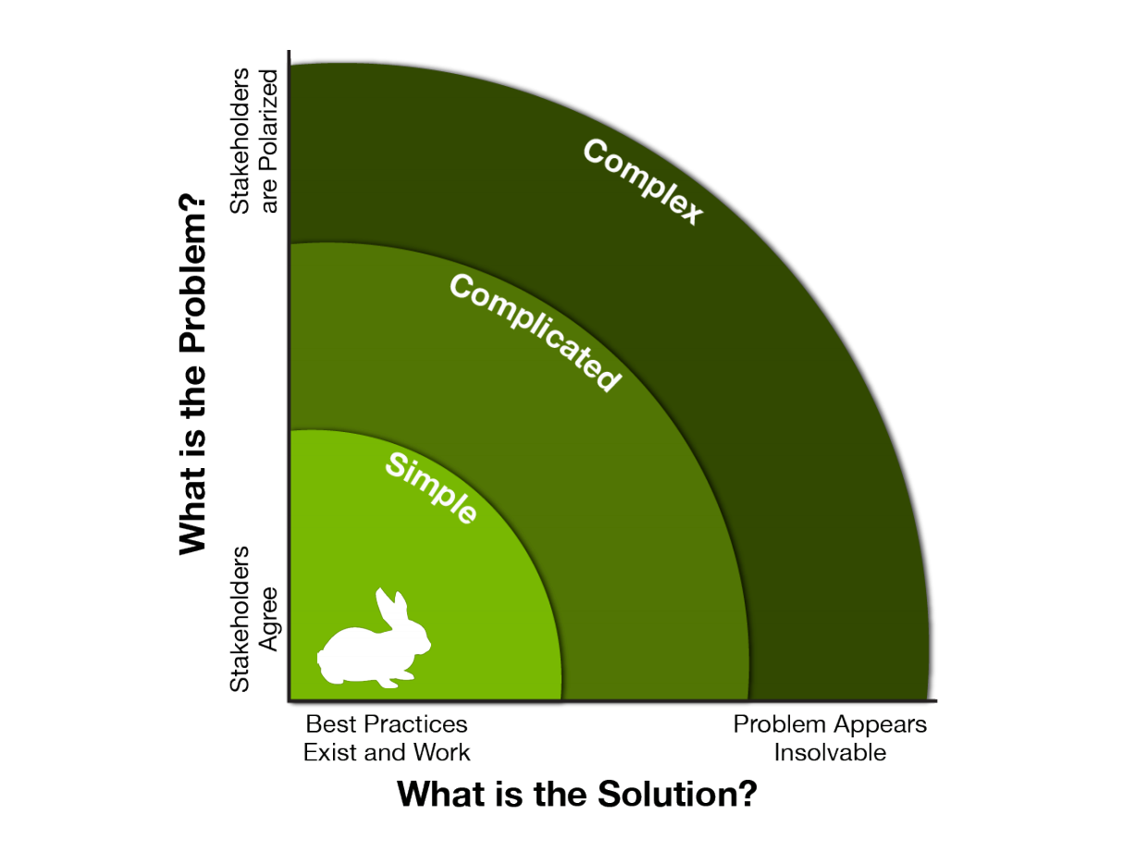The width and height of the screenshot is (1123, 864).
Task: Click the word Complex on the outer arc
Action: [643, 181]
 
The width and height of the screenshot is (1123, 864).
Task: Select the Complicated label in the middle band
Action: [536, 332]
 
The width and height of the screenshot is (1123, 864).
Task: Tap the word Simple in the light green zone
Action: [431, 488]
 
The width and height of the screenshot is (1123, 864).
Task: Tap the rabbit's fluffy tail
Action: [321, 660]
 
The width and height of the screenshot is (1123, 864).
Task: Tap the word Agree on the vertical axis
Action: [269, 619]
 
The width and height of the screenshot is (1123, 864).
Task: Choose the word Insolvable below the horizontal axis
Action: [830, 752]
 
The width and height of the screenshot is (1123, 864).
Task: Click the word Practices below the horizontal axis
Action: [415, 724]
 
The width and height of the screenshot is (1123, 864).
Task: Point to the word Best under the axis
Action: [331, 724]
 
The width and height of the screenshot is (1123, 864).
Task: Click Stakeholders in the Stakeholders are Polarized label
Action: [240, 142]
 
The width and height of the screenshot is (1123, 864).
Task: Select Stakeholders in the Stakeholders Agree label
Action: [240, 619]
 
